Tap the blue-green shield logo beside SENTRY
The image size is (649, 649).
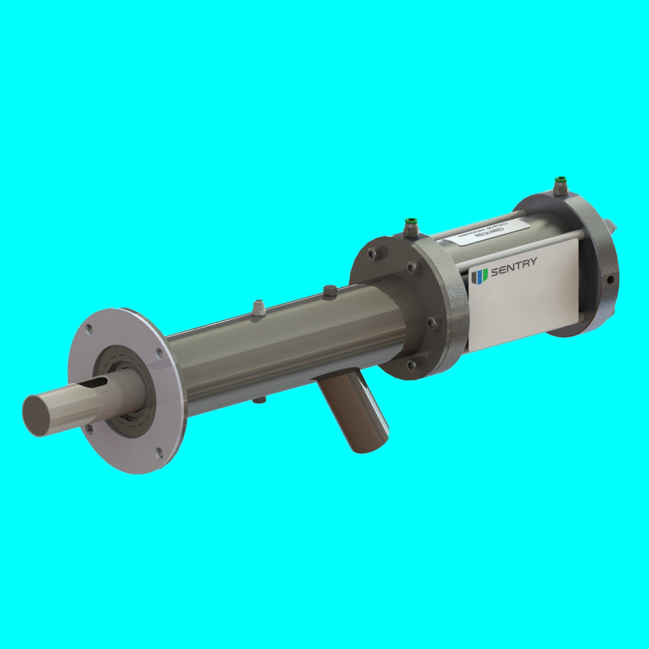coord(480,276)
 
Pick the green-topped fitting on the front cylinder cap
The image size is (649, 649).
coord(411,224)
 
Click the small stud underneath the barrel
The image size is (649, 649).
coord(258,400)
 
